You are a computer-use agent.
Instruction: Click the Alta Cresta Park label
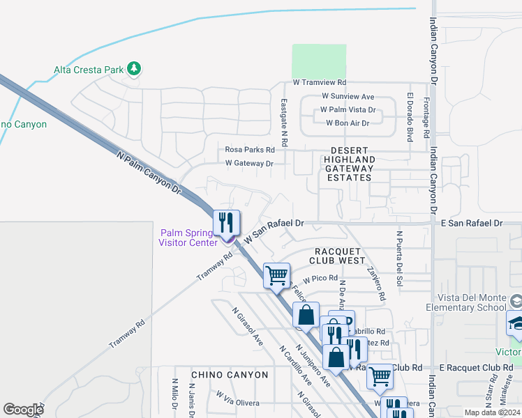89,70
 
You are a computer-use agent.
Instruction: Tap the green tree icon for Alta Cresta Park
134,69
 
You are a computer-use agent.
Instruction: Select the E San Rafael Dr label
471,223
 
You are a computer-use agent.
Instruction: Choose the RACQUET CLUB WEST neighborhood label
340,256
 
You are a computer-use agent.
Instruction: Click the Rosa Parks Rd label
249,150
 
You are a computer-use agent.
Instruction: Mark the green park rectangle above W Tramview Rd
319,60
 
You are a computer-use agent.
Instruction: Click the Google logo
23,410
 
